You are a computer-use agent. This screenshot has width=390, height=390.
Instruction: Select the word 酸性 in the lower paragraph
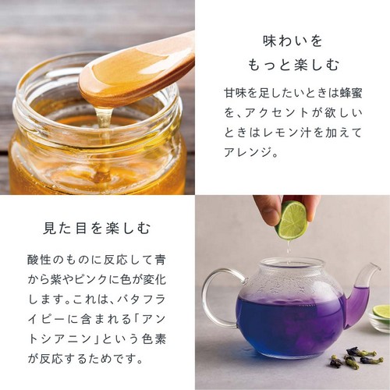point(39,258)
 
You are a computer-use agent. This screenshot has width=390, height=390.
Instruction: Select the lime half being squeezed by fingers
point(292,220)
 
